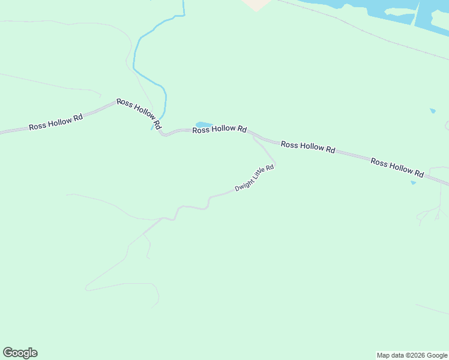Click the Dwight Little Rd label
coord(255,178)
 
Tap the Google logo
coord(20,353)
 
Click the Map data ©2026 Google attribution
coord(412,355)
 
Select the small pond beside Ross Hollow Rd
coord(204,125)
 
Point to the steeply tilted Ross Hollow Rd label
coord(139,114)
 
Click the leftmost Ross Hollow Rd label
coord(56,123)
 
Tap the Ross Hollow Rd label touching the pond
coord(220,129)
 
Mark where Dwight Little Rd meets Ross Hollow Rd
coord(253,136)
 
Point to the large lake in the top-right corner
coord(384,9)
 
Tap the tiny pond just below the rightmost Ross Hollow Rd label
coord(413,182)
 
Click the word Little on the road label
coord(259,175)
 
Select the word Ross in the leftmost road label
coord(37,127)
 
